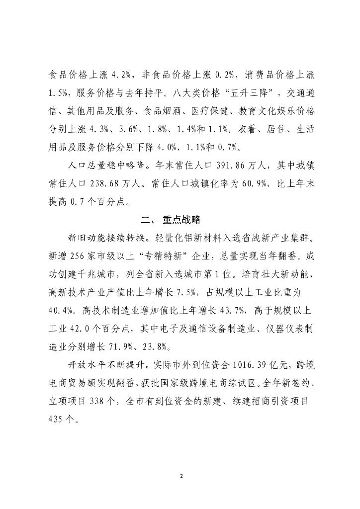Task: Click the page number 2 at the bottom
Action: pyautogui.click(x=181, y=476)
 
